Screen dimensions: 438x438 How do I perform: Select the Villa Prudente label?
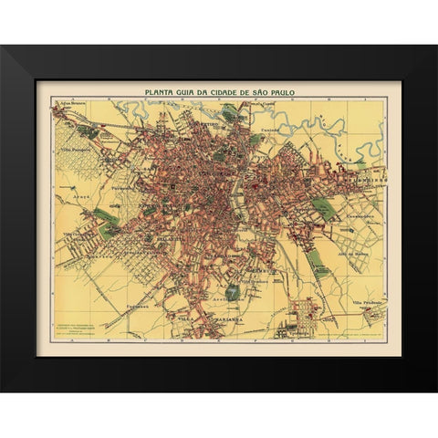coord(369,303)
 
